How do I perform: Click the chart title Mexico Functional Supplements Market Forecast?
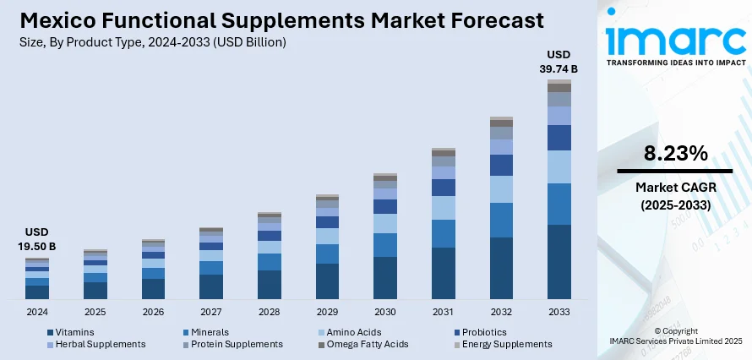pos(272,20)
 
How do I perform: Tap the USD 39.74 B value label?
pos(559,62)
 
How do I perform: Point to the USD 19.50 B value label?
pos(36,239)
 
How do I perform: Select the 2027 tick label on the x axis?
pos(210,312)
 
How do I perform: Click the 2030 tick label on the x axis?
pos(385,312)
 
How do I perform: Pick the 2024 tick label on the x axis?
pos(36,312)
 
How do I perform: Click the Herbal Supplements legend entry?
pos(96,344)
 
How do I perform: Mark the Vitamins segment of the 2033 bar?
pos(559,262)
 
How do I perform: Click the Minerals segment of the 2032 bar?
pos(501,220)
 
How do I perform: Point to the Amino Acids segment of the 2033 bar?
pos(559,166)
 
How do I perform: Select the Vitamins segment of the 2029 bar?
pos(327,281)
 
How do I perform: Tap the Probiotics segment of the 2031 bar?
pos(443,188)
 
